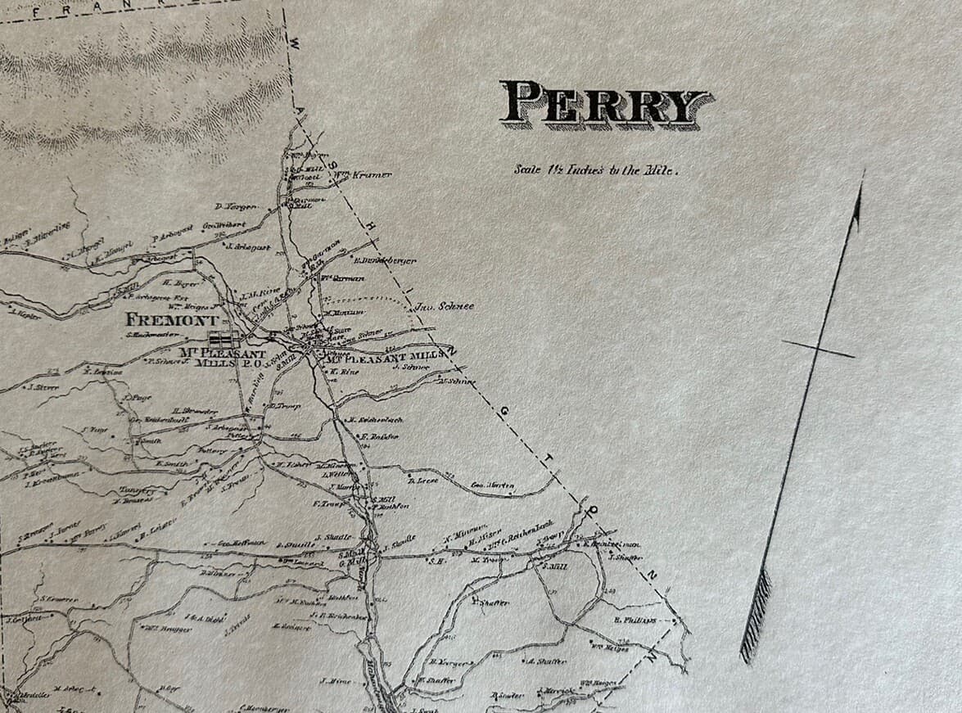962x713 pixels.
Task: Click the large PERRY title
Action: pyautogui.click(x=606, y=104)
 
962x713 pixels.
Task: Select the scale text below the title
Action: pyautogui.click(x=597, y=170)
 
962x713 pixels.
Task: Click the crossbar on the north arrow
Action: pyautogui.click(x=818, y=349)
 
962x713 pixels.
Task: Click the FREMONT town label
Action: pyautogui.click(x=172, y=320)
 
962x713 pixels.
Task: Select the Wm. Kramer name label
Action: pyautogui.click(x=361, y=174)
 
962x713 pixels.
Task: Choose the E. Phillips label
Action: pyautogui.click(x=635, y=620)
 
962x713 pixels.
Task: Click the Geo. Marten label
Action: pyautogui.click(x=493, y=485)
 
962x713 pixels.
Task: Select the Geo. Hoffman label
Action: pyautogui.click(x=240, y=542)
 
